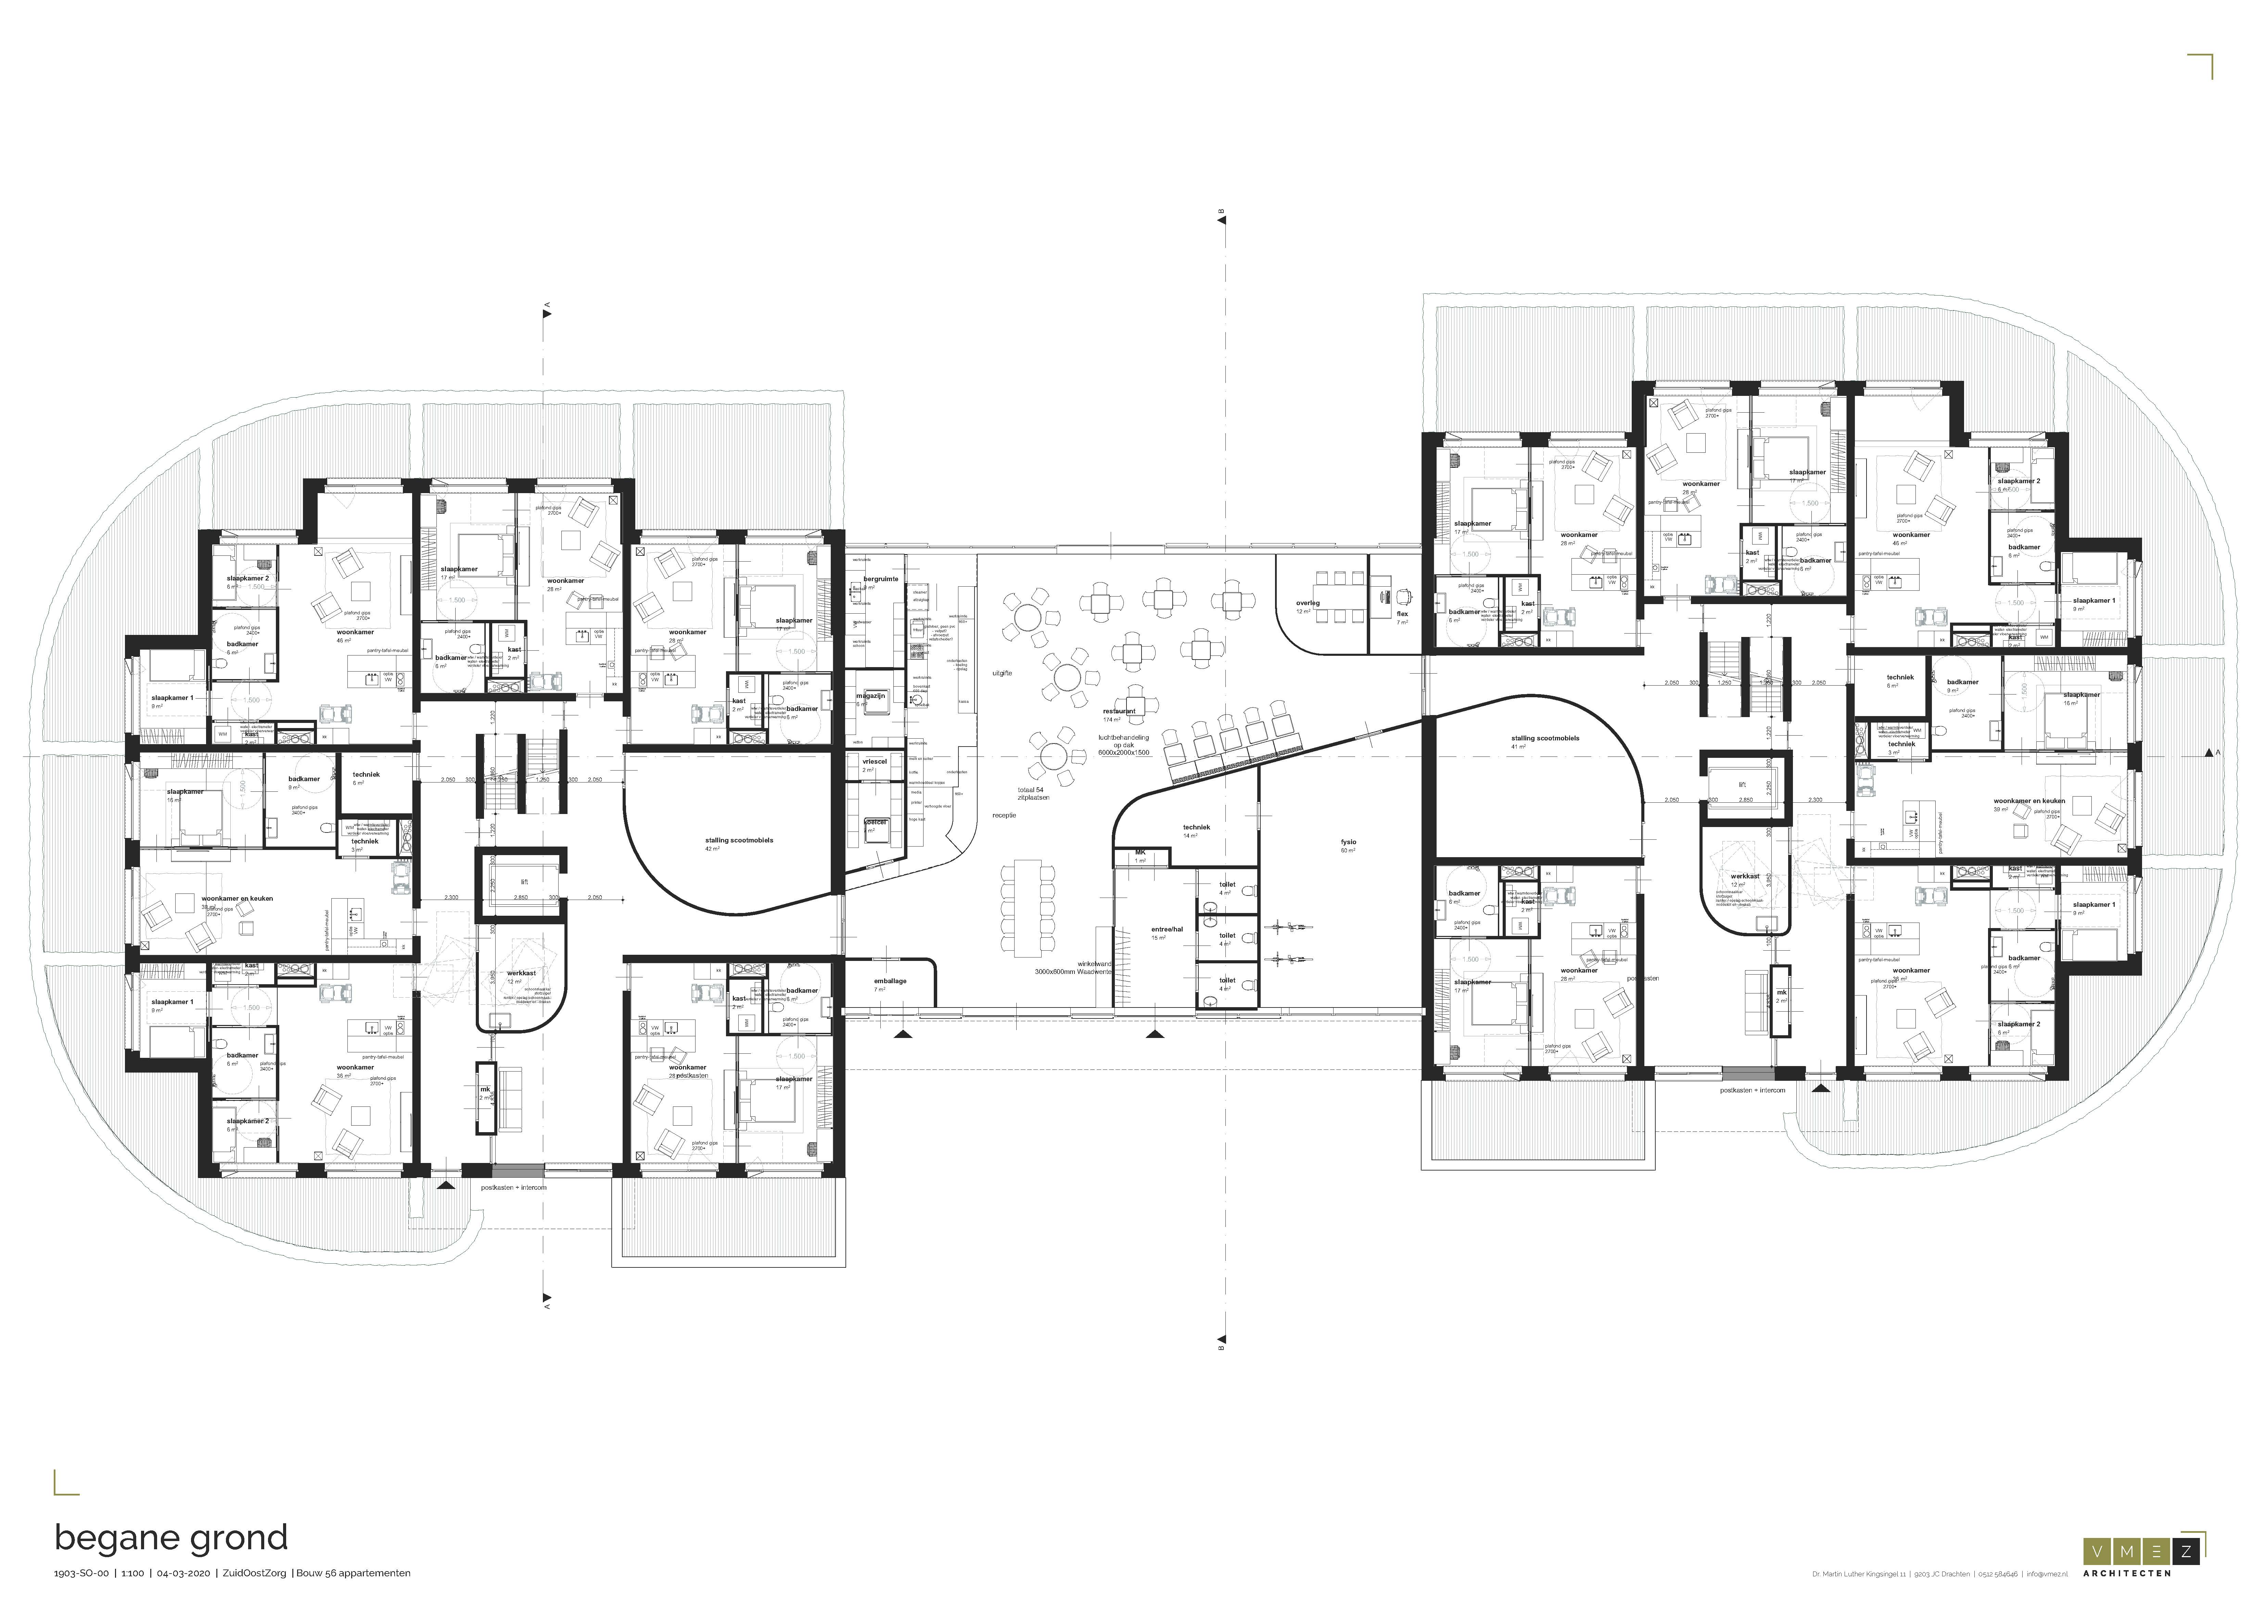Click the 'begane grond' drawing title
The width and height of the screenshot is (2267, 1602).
pyautogui.click(x=171, y=1538)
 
